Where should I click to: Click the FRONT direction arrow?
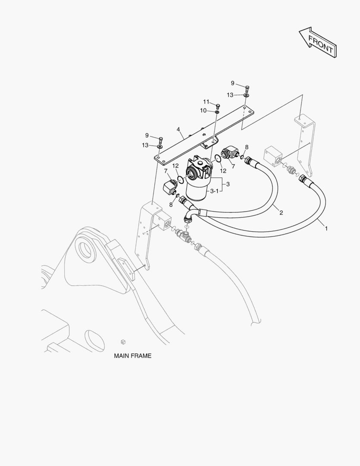coord(318,42)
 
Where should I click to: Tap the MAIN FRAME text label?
coord(132,356)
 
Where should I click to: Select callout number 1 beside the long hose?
coord(326,228)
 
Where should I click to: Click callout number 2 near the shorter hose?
coord(281,212)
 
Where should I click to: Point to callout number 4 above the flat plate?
coord(178,129)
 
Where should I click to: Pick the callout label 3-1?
coord(214,191)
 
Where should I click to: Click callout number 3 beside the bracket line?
coord(228,184)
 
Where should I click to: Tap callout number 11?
coord(206,102)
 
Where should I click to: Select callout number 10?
coord(203,110)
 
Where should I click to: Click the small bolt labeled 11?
coord(217,105)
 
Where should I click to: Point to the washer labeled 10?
coord(217,112)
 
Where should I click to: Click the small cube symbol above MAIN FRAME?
coord(123,342)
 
